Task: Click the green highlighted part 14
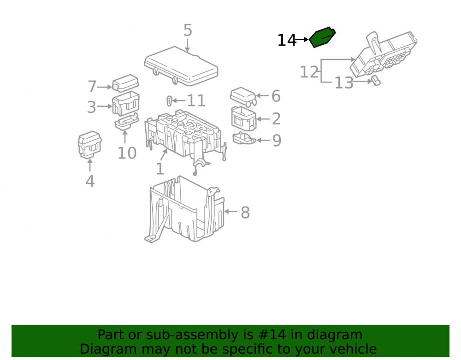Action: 322,37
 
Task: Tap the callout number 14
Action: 287,40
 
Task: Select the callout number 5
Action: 188,30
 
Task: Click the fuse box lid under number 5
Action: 181,66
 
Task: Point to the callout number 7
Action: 92,87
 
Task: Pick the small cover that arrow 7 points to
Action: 125,83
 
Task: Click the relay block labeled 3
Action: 125,103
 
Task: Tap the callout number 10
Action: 127,153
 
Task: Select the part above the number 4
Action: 90,145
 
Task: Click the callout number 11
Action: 196,101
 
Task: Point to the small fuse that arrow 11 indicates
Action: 170,100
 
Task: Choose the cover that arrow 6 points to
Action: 243,96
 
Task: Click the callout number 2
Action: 276,119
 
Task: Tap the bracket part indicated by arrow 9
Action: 244,138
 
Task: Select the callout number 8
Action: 245,212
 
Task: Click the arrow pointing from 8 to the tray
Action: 231,211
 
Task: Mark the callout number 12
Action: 309,72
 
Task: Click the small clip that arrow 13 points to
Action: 376,81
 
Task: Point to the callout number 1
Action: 160,169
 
